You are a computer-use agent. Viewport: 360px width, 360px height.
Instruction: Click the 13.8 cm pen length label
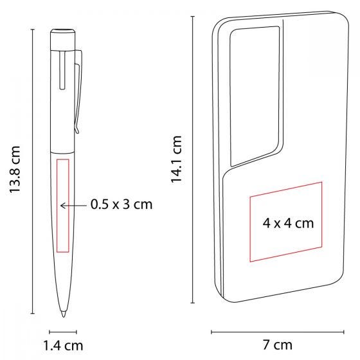[x=15, y=170]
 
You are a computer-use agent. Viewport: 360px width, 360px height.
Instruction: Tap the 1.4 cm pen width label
[x=63, y=346]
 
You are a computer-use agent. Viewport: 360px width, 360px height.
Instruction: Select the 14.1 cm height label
[x=176, y=159]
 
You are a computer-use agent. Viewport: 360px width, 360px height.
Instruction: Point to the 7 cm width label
[x=278, y=345]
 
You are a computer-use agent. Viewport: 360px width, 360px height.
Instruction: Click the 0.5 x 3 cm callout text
[x=122, y=204]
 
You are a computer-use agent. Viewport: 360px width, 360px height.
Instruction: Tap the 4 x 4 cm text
[x=288, y=223]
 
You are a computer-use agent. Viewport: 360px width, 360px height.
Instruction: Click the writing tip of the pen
[x=63, y=314]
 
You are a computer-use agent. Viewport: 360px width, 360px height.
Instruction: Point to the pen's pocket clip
[x=78, y=92]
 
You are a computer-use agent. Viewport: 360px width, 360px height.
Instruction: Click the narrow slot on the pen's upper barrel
[x=62, y=70]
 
